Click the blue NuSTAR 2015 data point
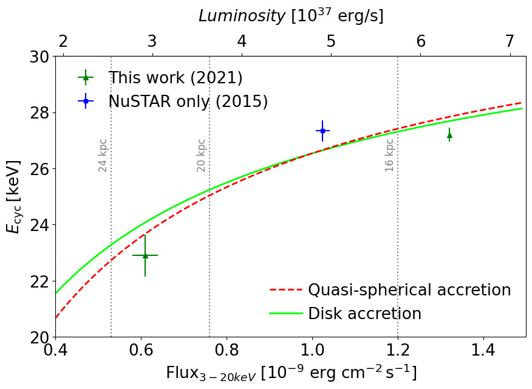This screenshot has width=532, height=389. (x=322, y=131)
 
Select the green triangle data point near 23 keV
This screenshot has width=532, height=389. (x=145, y=255)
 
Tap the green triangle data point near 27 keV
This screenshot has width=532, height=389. (x=449, y=136)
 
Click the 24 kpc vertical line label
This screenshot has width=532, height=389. (x=103, y=156)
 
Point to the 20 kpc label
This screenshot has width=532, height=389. (x=201, y=156)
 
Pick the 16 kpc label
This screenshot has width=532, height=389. (x=389, y=156)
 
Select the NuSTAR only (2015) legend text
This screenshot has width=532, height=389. (x=188, y=101)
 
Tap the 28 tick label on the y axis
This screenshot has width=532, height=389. (x=40, y=112)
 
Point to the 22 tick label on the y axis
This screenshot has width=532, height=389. (x=40, y=281)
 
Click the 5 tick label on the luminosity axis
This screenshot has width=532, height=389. (x=331, y=41)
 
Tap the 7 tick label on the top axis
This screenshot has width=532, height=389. (x=510, y=41)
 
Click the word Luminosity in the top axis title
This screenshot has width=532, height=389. (x=242, y=16)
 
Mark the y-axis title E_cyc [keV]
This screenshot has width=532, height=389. (x=13, y=196)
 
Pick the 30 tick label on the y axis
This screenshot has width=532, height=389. (x=40, y=57)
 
